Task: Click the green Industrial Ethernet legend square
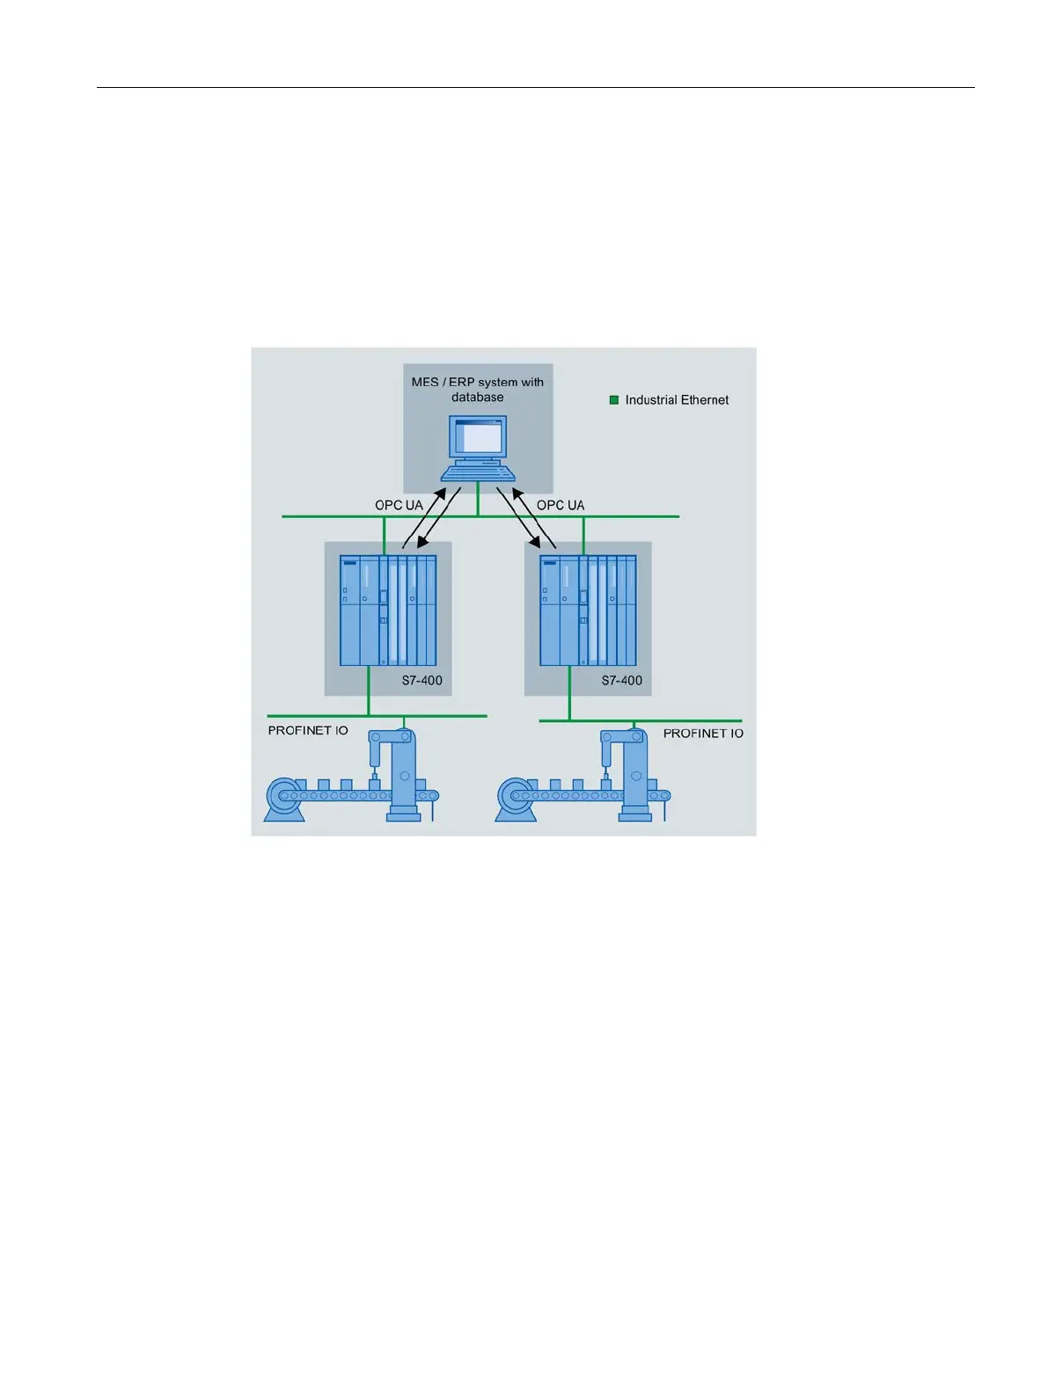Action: [614, 400]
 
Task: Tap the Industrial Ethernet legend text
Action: [677, 400]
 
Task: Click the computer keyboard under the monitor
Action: [478, 473]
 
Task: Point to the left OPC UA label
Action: [399, 506]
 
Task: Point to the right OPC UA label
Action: [561, 506]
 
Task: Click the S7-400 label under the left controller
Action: [422, 681]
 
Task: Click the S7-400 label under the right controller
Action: [622, 681]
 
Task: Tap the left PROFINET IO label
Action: [308, 731]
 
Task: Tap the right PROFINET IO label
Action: [703, 734]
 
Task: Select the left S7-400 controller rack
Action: [388, 610]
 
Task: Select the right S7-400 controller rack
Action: [588, 610]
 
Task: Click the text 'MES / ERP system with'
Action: [478, 383]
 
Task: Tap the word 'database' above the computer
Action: [478, 398]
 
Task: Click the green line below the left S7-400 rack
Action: [369, 691]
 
